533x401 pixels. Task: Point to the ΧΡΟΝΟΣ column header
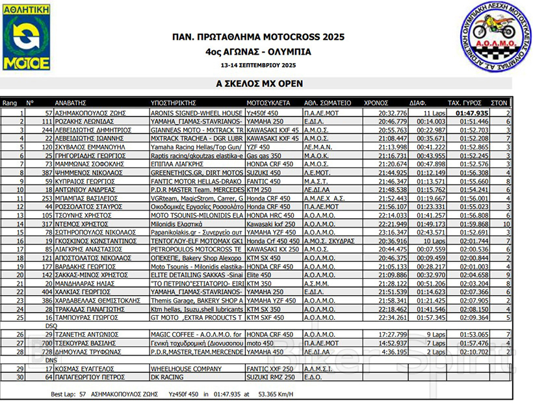click(376, 103)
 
